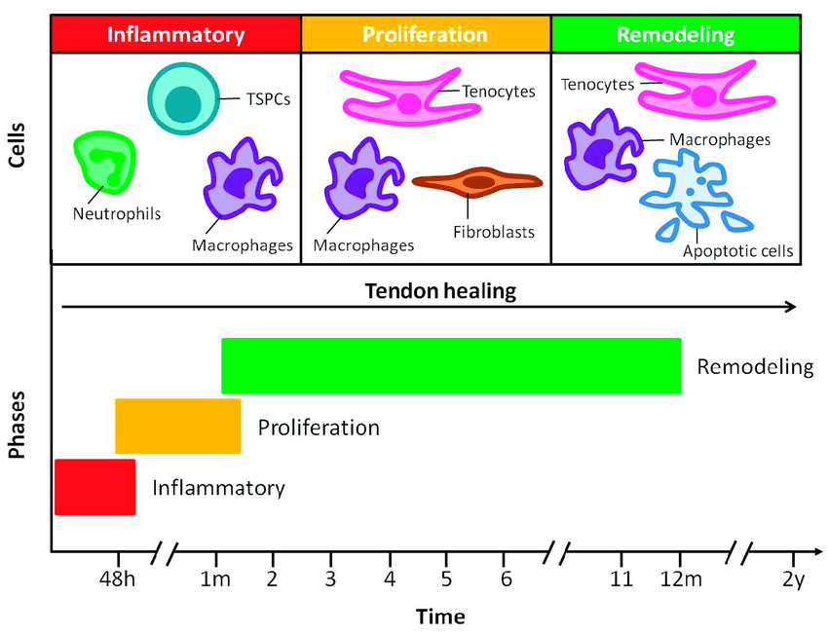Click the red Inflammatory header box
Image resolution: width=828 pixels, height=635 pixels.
(x=175, y=35)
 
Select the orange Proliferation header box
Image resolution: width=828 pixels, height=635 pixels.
(x=426, y=35)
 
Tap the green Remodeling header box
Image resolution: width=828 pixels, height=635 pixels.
(x=675, y=35)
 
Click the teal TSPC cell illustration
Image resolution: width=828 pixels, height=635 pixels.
(x=180, y=100)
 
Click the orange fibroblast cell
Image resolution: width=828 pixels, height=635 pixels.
(x=477, y=182)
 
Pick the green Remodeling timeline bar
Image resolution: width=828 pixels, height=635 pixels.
(x=451, y=366)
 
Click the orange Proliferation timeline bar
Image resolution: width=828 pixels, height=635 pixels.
(x=178, y=427)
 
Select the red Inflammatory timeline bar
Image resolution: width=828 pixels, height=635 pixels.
(x=94, y=487)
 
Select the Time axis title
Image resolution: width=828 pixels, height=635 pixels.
(x=440, y=616)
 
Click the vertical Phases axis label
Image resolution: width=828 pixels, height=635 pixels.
(x=18, y=426)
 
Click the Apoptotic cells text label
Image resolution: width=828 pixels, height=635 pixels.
(x=737, y=251)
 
